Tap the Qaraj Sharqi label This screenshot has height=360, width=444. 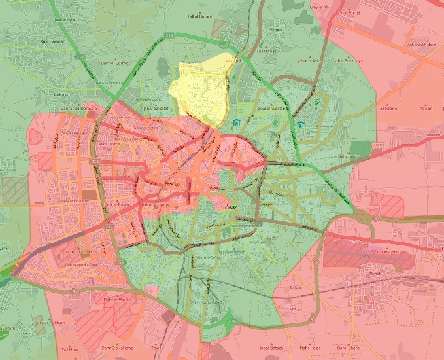pyautogui.click(x=352, y=346)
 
